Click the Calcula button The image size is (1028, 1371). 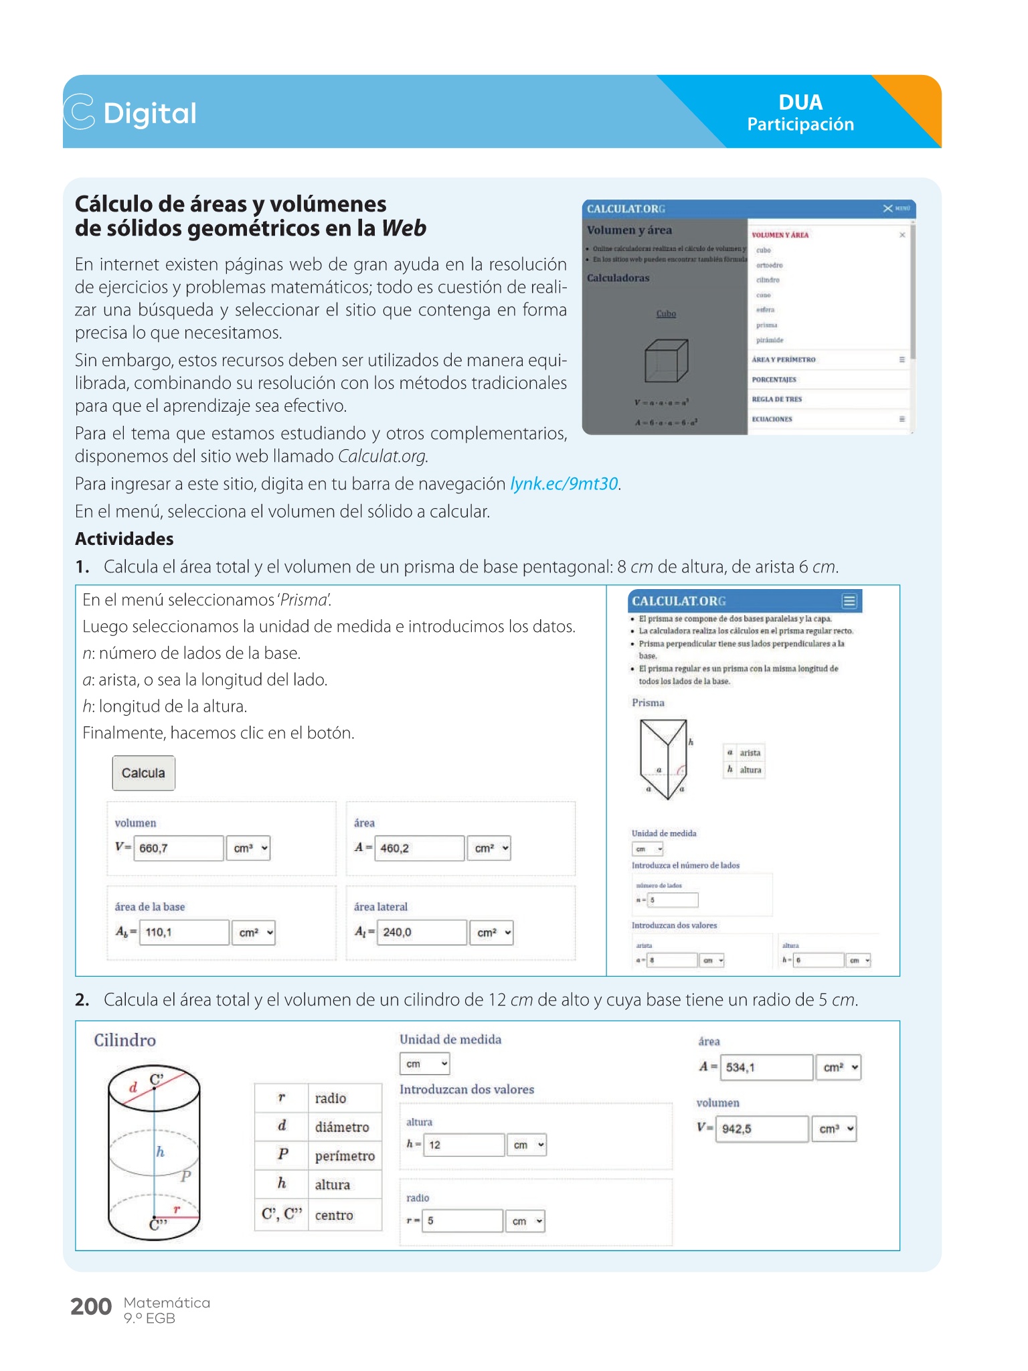click(143, 773)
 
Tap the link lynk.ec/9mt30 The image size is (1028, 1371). click(564, 484)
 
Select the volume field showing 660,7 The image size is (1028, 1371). click(178, 848)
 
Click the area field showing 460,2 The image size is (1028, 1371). click(419, 848)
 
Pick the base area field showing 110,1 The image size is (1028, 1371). click(183, 933)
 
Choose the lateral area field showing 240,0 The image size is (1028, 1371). click(422, 933)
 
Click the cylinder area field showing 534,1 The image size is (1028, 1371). click(766, 1068)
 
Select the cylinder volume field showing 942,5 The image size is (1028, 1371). click(762, 1129)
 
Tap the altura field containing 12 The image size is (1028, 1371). click(464, 1145)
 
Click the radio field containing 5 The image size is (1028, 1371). click(462, 1221)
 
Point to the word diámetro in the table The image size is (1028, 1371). click(342, 1127)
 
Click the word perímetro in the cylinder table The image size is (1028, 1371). click(345, 1156)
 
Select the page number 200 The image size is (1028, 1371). click(91, 1307)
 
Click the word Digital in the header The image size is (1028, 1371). click(150, 113)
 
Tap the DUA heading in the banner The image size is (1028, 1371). click(800, 102)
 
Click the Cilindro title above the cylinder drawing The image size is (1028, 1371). click(125, 1040)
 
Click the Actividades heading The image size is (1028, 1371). click(124, 539)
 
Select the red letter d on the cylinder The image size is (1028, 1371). click(133, 1088)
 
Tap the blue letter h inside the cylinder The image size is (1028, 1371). click(161, 1152)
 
